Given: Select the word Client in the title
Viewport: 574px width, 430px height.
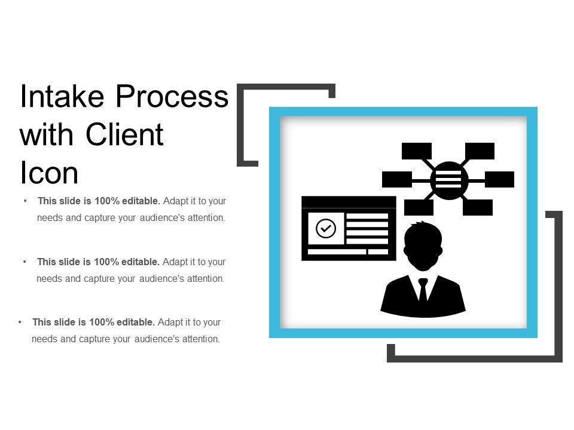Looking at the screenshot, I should [x=125, y=135].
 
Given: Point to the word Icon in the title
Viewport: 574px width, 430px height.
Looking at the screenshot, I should [x=49, y=173].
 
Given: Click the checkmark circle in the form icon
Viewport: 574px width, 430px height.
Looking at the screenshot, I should [x=326, y=228].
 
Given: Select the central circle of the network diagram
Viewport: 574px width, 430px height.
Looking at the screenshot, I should [x=449, y=180].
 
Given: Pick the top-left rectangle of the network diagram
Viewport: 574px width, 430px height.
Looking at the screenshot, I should [x=417, y=151].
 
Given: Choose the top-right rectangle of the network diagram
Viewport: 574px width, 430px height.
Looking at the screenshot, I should [x=480, y=151].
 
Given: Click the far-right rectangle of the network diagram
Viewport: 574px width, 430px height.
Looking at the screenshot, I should [x=499, y=179].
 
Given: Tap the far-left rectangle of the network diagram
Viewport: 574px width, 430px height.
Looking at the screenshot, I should [x=397, y=179].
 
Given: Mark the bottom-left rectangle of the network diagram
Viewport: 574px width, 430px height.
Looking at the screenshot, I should [x=419, y=207].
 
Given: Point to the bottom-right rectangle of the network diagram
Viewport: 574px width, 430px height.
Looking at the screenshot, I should [x=478, y=207].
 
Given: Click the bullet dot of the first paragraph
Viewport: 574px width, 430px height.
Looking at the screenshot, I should [x=25, y=201].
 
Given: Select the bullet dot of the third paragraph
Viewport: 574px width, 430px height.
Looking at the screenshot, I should [x=20, y=322].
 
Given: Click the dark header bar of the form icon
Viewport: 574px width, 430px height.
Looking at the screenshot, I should [x=349, y=202].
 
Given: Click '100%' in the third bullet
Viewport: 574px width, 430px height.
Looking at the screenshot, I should [x=101, y=322].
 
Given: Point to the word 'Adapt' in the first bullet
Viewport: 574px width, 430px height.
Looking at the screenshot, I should [x=174, y=201].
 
